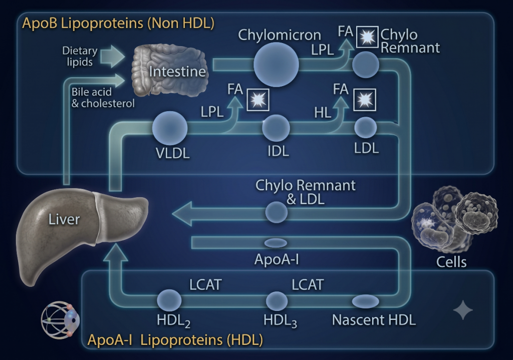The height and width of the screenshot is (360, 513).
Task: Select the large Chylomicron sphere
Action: coord(276,65)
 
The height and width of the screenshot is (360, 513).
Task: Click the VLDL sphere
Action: coord(170,128)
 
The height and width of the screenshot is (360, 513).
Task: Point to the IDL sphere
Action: coord(276,128)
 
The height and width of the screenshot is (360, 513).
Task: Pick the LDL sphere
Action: coord(365,128)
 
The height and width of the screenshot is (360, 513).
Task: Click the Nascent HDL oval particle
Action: coord(365,301)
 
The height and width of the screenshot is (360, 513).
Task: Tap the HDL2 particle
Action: coord(169,300)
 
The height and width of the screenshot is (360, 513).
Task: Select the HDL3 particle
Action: coord(277,301)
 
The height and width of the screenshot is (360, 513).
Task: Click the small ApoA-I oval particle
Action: coord(276,243)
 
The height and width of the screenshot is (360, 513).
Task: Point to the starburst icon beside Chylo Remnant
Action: coord(367,37)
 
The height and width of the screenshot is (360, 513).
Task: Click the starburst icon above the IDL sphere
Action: coord(258,100)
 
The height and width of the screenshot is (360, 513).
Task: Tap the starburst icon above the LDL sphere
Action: coord(365,100)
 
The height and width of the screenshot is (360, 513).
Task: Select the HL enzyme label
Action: coord(323,113)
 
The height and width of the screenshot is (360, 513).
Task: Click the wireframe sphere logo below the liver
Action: coord(61,320)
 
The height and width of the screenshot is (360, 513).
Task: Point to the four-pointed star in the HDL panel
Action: coord(463,310)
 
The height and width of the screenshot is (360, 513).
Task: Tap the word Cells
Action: coord(451,262)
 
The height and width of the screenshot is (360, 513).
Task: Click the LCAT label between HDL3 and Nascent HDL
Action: coord(308,284)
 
